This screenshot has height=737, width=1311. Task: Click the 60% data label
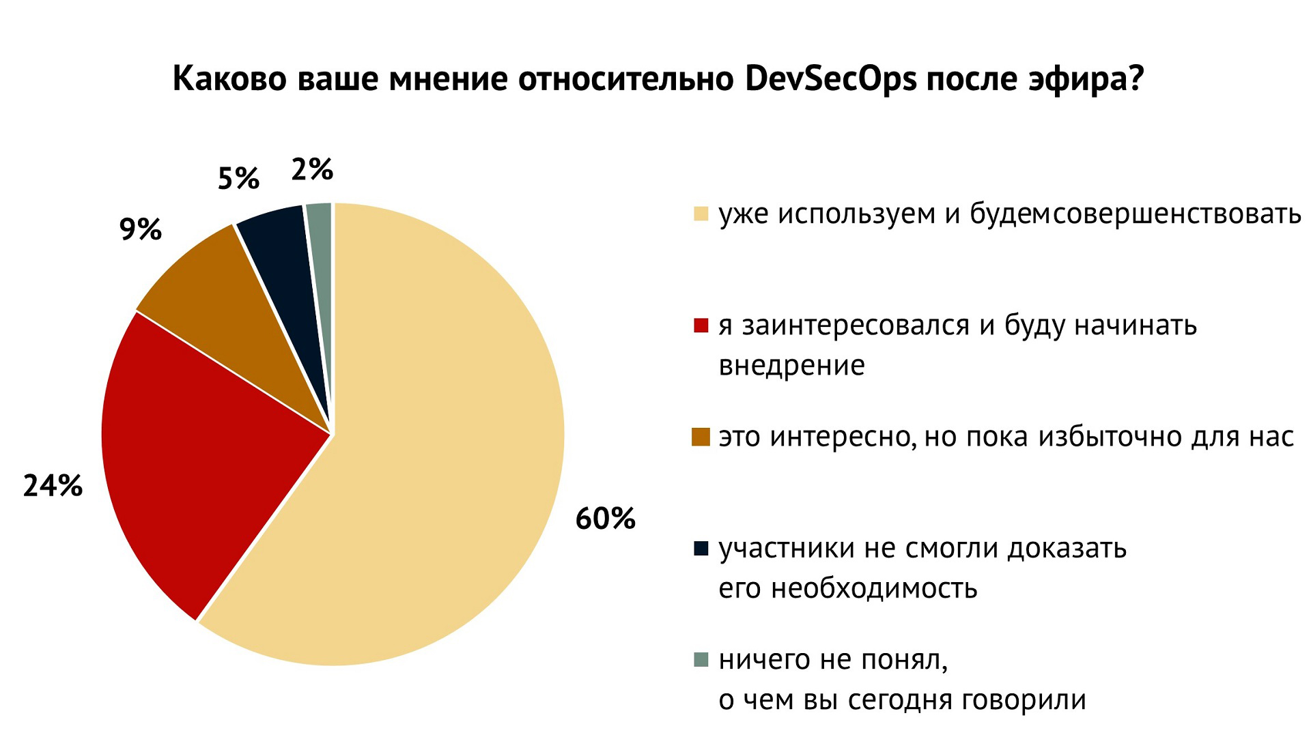click(605, 519)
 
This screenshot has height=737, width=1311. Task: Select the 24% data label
click(53, 486)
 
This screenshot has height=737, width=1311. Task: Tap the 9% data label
click(140, 229)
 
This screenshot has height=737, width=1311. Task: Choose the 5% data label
click(238, 179)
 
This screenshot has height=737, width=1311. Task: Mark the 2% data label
click(311, 169)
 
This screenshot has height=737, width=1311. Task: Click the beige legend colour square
click(701, 214)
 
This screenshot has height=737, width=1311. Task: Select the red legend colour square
click(701, 325)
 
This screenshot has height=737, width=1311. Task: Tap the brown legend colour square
click(701, 436)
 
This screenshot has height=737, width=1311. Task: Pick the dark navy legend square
click(701, 548)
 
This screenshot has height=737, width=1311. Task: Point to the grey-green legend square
click(701, 659)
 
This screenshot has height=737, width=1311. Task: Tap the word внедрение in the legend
click(791, 366)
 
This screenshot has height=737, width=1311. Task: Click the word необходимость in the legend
click(874, 588)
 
